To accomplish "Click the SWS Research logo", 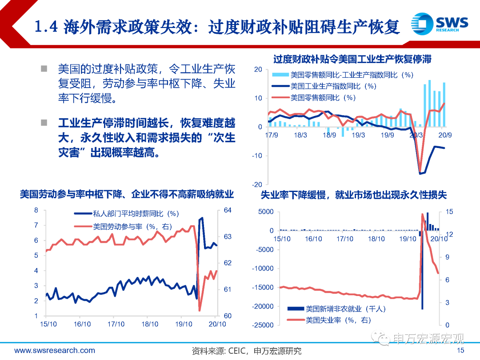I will point(439,23).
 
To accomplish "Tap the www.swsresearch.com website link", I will point(55,351).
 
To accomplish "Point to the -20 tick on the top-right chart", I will point(257,184).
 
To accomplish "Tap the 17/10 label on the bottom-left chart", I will point(116,324).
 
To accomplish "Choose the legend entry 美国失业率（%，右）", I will point(338,320).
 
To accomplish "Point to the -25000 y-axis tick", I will point(264,325).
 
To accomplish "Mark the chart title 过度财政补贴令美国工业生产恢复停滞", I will point(352,59).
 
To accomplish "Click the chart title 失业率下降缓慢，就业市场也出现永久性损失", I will point(353,195).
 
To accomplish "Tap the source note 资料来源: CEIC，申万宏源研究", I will point(247,351).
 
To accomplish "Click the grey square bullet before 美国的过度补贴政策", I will point(44,69).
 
